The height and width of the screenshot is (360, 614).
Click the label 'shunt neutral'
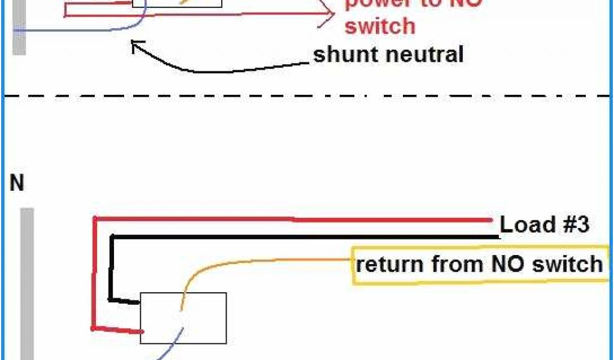click(x=389, y=55)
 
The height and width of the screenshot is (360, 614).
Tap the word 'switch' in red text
click(x=380, y=26)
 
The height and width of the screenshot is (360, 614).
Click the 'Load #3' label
click(x=544, y=224)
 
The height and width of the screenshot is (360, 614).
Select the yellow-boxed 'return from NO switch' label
click(x=478, y=263)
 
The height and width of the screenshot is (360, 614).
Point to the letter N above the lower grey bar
click(x=17, y=183)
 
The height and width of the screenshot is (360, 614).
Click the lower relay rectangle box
click(x=183, y=318)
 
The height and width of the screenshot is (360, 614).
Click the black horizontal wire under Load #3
click(x=300, y=238)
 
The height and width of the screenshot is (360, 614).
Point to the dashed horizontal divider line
click(x=300, y=95)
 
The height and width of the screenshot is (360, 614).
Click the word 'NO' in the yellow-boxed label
click(x=509, y=263)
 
